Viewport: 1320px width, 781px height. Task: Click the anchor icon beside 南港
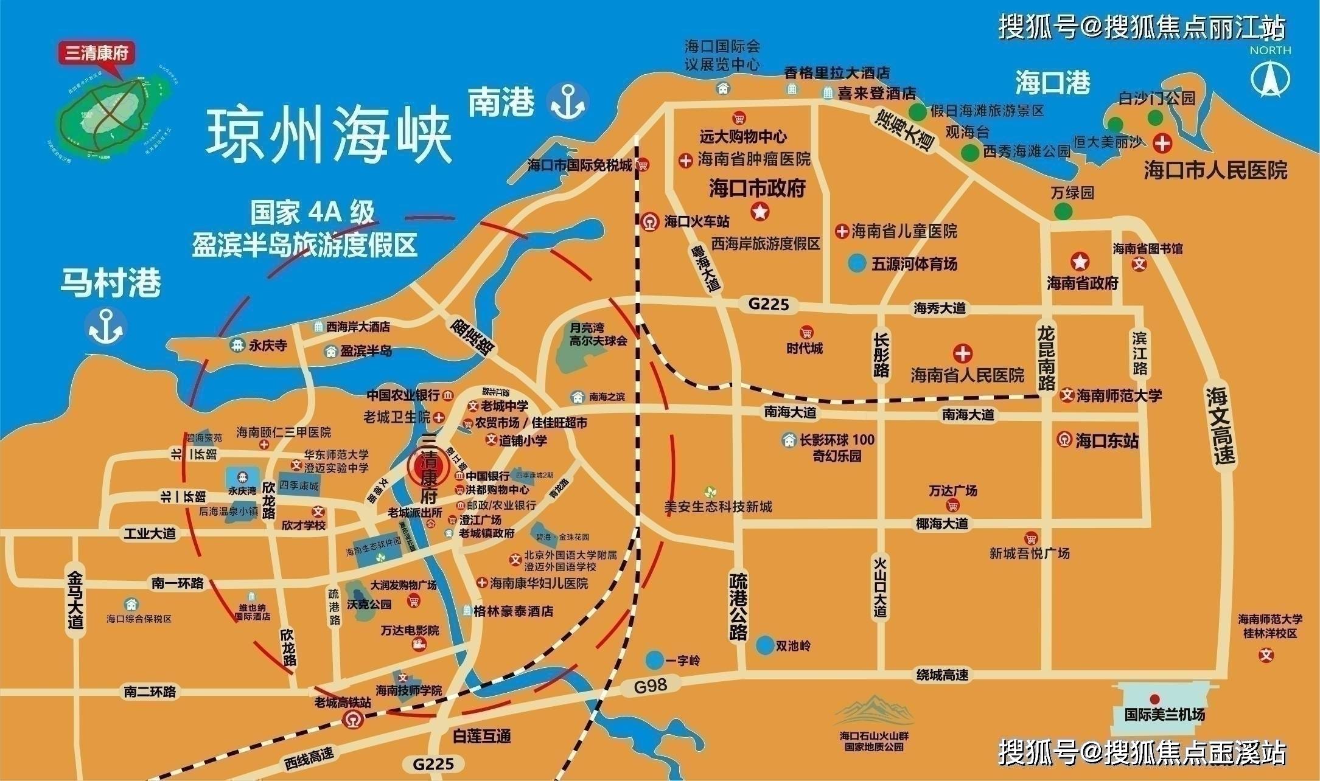pos(567,102)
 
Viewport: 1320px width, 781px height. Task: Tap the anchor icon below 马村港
pos(107,327)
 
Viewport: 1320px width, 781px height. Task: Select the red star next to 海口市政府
pos(760,212)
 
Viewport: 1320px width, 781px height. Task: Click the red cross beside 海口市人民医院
pos(1163,144)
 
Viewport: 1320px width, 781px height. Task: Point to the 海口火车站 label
pos(696,221)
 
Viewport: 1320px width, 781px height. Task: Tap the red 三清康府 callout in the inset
pos(97,53)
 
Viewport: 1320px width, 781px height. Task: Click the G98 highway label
pos(651,686)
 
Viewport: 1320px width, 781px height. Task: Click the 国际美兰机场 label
pos(1164,715)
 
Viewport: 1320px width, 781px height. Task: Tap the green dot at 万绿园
pos(1063,211)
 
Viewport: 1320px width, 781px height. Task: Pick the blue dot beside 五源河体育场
pos(857,263)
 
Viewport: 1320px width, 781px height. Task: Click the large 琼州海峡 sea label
pos(329,137)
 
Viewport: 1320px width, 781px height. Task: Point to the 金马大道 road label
pos(75,599)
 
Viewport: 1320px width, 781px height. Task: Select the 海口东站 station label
pos(1106,440)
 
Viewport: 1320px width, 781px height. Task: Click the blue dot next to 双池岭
pos(765,645)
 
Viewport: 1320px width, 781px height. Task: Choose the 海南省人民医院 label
pos(967,375)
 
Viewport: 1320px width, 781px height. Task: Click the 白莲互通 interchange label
pos(481,736)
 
